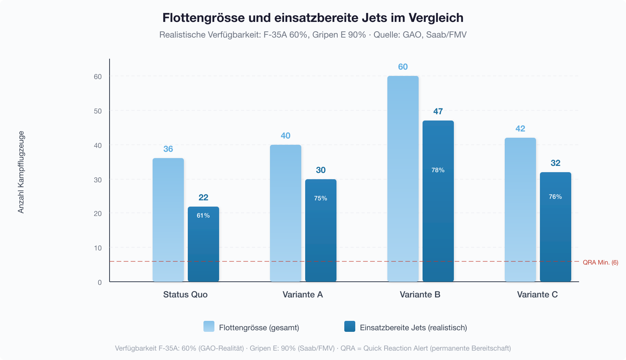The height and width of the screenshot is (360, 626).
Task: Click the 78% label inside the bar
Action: (x=438, y=170)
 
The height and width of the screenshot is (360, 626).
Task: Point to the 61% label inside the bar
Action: (x=203, y=216)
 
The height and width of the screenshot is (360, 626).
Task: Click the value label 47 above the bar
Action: (x=438, y=112)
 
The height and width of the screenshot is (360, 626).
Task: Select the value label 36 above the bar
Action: (x=168, y=149)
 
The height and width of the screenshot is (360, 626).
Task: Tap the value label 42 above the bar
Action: (x=520, y=129)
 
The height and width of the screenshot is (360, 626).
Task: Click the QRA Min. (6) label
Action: (x=600, y=263)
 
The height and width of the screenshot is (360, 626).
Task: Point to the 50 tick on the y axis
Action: (x=97, y=111)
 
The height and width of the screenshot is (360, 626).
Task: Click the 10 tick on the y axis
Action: (x=97, y=248)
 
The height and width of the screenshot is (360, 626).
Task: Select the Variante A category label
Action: (x=303, y=295)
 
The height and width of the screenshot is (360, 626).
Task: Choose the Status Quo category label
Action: (x=185, y=295)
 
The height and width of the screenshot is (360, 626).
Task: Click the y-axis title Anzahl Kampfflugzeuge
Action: (x=21, y=172)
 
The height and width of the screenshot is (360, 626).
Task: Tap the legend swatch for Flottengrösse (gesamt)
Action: (x=209, y=327)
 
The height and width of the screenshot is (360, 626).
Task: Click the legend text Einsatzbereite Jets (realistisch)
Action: (x=413, y=328)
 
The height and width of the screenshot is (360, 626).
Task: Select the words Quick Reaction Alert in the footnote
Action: (x=396, y=348)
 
